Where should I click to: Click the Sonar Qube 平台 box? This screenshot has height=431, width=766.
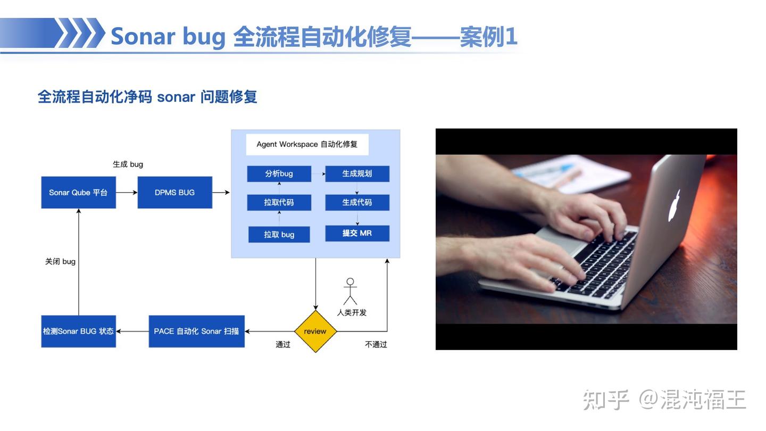(x=78, y=192)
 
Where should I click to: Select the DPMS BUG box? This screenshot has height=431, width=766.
(x=174, y=192)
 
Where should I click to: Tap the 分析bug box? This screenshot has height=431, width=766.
(x=279, y=174)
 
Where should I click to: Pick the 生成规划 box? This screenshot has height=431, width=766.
(x=357, y=174)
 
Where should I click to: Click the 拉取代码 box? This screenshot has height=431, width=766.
(x=279, y=203)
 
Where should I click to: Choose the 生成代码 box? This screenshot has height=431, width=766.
(x=357, y=203)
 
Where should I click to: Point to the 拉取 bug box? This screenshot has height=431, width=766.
(x=279, y=234)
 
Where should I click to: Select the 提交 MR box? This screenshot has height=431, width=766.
(x=357, y=233)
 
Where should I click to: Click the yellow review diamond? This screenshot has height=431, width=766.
(x=315, y=331)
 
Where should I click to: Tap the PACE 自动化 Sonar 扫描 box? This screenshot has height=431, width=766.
(x=197, y=331)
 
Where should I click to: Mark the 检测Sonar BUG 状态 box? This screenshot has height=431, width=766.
(x=78, y=331)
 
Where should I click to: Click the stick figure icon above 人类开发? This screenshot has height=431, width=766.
(x=350, y=291)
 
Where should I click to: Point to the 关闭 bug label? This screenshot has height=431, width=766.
(x=60, y=262)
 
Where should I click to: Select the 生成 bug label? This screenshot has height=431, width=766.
(x=128, y=164)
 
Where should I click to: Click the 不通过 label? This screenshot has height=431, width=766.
(x=376, y=344)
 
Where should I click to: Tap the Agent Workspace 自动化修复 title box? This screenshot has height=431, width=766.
(x=307, y=144)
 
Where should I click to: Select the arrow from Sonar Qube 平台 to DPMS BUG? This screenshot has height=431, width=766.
(x=127, y=193)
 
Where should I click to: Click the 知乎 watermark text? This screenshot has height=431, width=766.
(x=605, y=400)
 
